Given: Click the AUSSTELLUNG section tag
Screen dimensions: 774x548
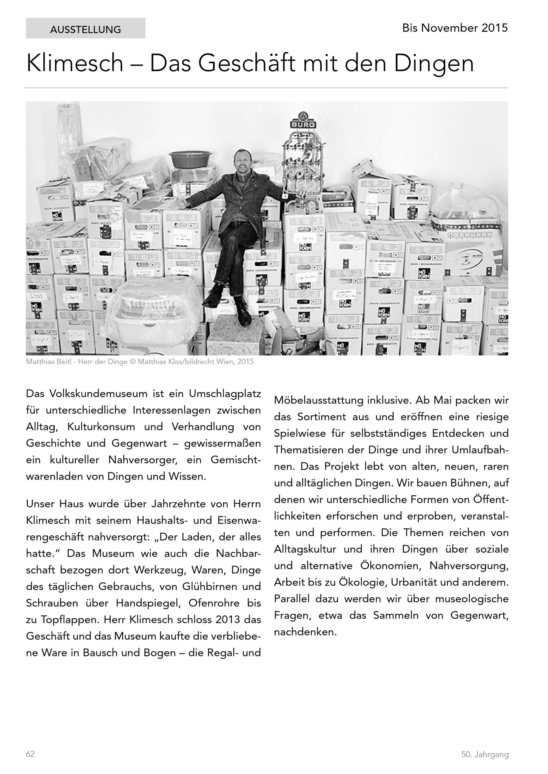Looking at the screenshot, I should point(85,30).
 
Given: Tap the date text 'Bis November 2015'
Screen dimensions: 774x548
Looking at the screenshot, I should point(455,28).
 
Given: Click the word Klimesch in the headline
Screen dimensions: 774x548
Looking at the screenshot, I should point(75,63).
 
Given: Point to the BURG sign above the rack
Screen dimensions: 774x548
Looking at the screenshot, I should point(303,125).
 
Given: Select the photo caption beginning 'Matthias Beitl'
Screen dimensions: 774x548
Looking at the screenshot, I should point(139,362).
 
